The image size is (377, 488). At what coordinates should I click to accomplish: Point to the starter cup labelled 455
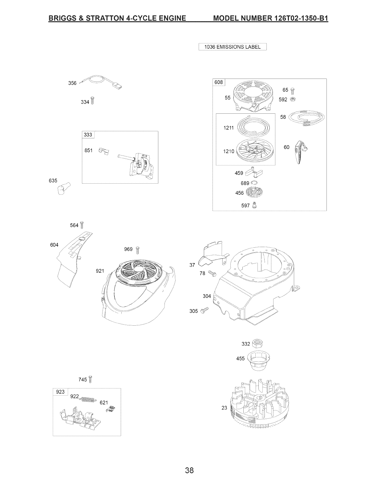256,359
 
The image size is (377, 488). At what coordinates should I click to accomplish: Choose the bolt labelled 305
204,310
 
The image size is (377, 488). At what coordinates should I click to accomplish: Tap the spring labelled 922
88,400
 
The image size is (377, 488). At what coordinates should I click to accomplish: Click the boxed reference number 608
219,82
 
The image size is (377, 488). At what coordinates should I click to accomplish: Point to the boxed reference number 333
88,135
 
